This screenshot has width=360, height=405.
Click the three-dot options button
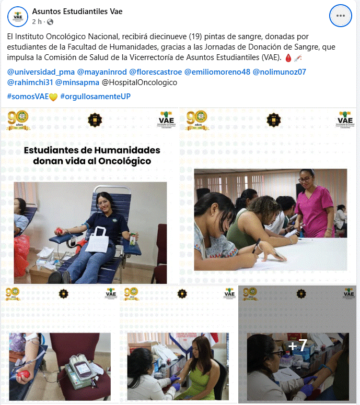[341, 16]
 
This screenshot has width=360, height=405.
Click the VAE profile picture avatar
[17, 16]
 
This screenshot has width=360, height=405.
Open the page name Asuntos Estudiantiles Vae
[77, 11]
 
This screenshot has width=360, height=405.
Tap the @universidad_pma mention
[40, 72]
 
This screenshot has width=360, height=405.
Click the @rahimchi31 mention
[29, 82]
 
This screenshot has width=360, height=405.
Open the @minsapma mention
[76, 82]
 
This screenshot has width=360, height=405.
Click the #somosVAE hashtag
[28, 97]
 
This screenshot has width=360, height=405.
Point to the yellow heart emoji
[53, 97]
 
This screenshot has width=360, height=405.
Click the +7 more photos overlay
[297, 346]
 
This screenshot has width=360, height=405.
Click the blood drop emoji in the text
[287, 57]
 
